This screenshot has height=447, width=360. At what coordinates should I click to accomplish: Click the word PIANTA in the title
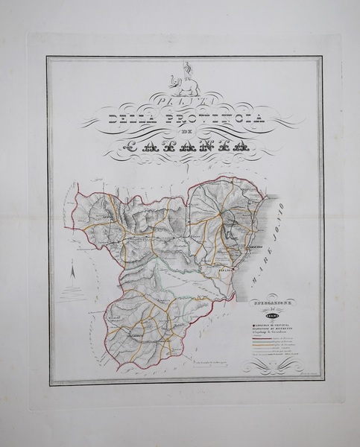[181, 99]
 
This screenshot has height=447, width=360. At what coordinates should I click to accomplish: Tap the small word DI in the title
[181, 133]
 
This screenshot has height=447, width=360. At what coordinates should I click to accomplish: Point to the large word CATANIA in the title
[181, 148]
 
